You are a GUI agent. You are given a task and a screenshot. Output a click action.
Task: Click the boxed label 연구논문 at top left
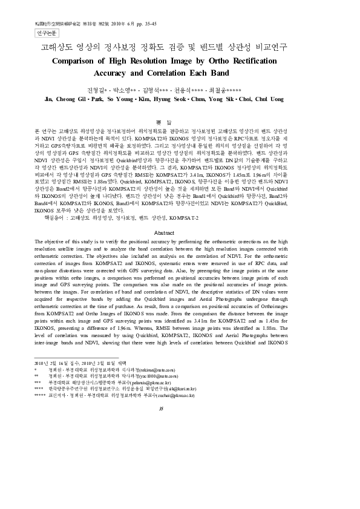tap(48, 33)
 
